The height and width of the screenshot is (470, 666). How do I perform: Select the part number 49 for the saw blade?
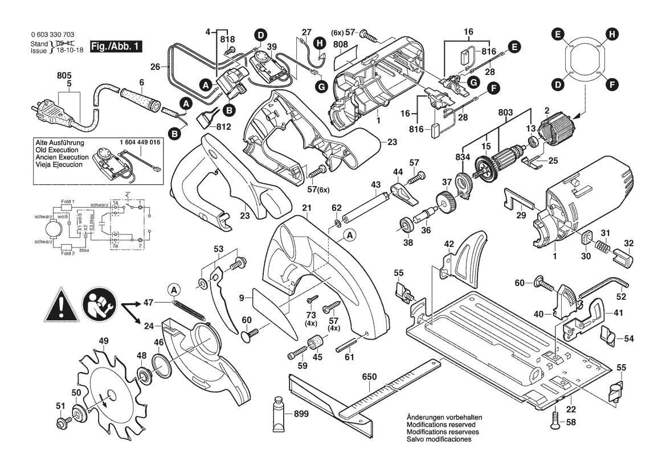103,341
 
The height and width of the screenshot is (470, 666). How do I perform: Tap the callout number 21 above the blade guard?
307,208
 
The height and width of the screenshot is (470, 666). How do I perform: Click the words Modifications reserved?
442,425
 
